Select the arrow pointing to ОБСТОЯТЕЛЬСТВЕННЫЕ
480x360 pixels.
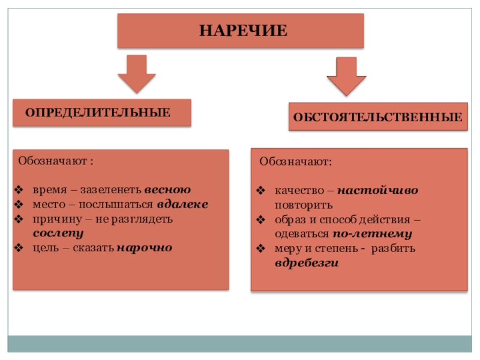point(346,76)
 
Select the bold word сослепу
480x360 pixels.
point(58,233)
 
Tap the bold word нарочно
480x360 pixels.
point(144,247)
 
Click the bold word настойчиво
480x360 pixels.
point(378,191)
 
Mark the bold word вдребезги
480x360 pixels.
point(307,263)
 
